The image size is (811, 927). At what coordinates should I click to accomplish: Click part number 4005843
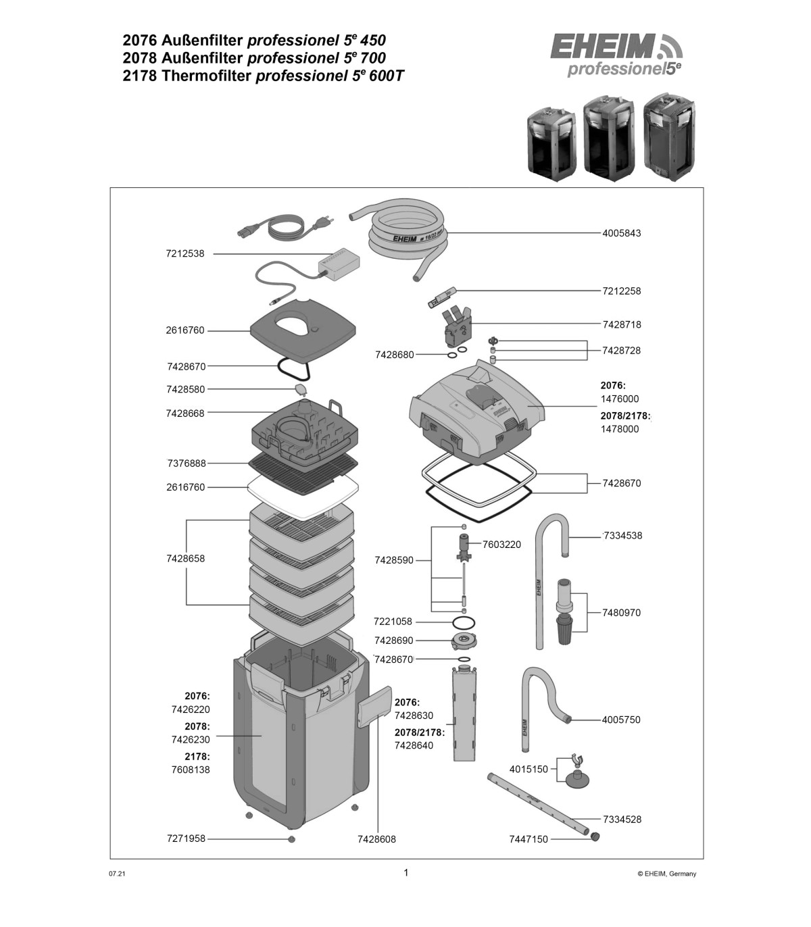[x=621, y=233]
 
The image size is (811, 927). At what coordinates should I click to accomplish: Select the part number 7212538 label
[x=185, y=254]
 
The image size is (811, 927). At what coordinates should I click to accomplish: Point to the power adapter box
[x=339, y=264]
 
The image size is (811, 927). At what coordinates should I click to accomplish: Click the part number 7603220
[x=501, y=545]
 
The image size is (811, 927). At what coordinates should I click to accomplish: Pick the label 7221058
[x=393, y=622]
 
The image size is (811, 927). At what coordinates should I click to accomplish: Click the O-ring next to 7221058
[x=464, y=622]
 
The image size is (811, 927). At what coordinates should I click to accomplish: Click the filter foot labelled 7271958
[x=291, y=839]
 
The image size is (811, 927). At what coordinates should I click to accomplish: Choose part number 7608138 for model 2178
[x=191, y=770]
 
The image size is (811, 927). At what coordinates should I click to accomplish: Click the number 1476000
[x=620, y=399]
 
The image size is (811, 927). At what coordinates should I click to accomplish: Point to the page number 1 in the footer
[x=406, y=872]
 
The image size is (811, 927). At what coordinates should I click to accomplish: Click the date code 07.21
[x=117, y=874]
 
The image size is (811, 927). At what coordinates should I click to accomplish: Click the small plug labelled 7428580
[x=301, y=389]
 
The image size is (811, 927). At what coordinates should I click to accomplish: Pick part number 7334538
[x=623, y=536]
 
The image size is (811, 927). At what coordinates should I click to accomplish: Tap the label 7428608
[x=376, y=839]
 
